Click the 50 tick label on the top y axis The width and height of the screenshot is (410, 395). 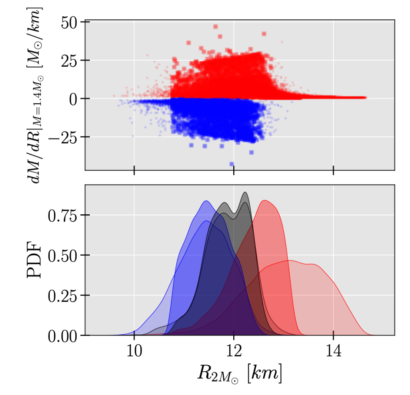click(x=71, y=22)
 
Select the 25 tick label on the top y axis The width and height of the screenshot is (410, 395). click(x=71, y=61)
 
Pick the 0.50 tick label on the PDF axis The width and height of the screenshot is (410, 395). click(x=63, y=256)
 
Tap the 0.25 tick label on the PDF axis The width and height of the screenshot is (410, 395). click(x=63, y=296)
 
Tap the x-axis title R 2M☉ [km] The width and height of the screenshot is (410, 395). click(x=239, y=374)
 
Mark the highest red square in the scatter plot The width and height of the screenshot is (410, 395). click(x=216, y=27)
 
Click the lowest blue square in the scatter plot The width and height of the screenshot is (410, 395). click(x=232, y=164)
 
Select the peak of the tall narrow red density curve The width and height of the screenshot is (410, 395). click(x=264, y=200)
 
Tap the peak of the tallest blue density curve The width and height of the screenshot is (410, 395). click(x=206, y=201)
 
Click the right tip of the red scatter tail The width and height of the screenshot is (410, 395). click(x=365, y=98)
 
